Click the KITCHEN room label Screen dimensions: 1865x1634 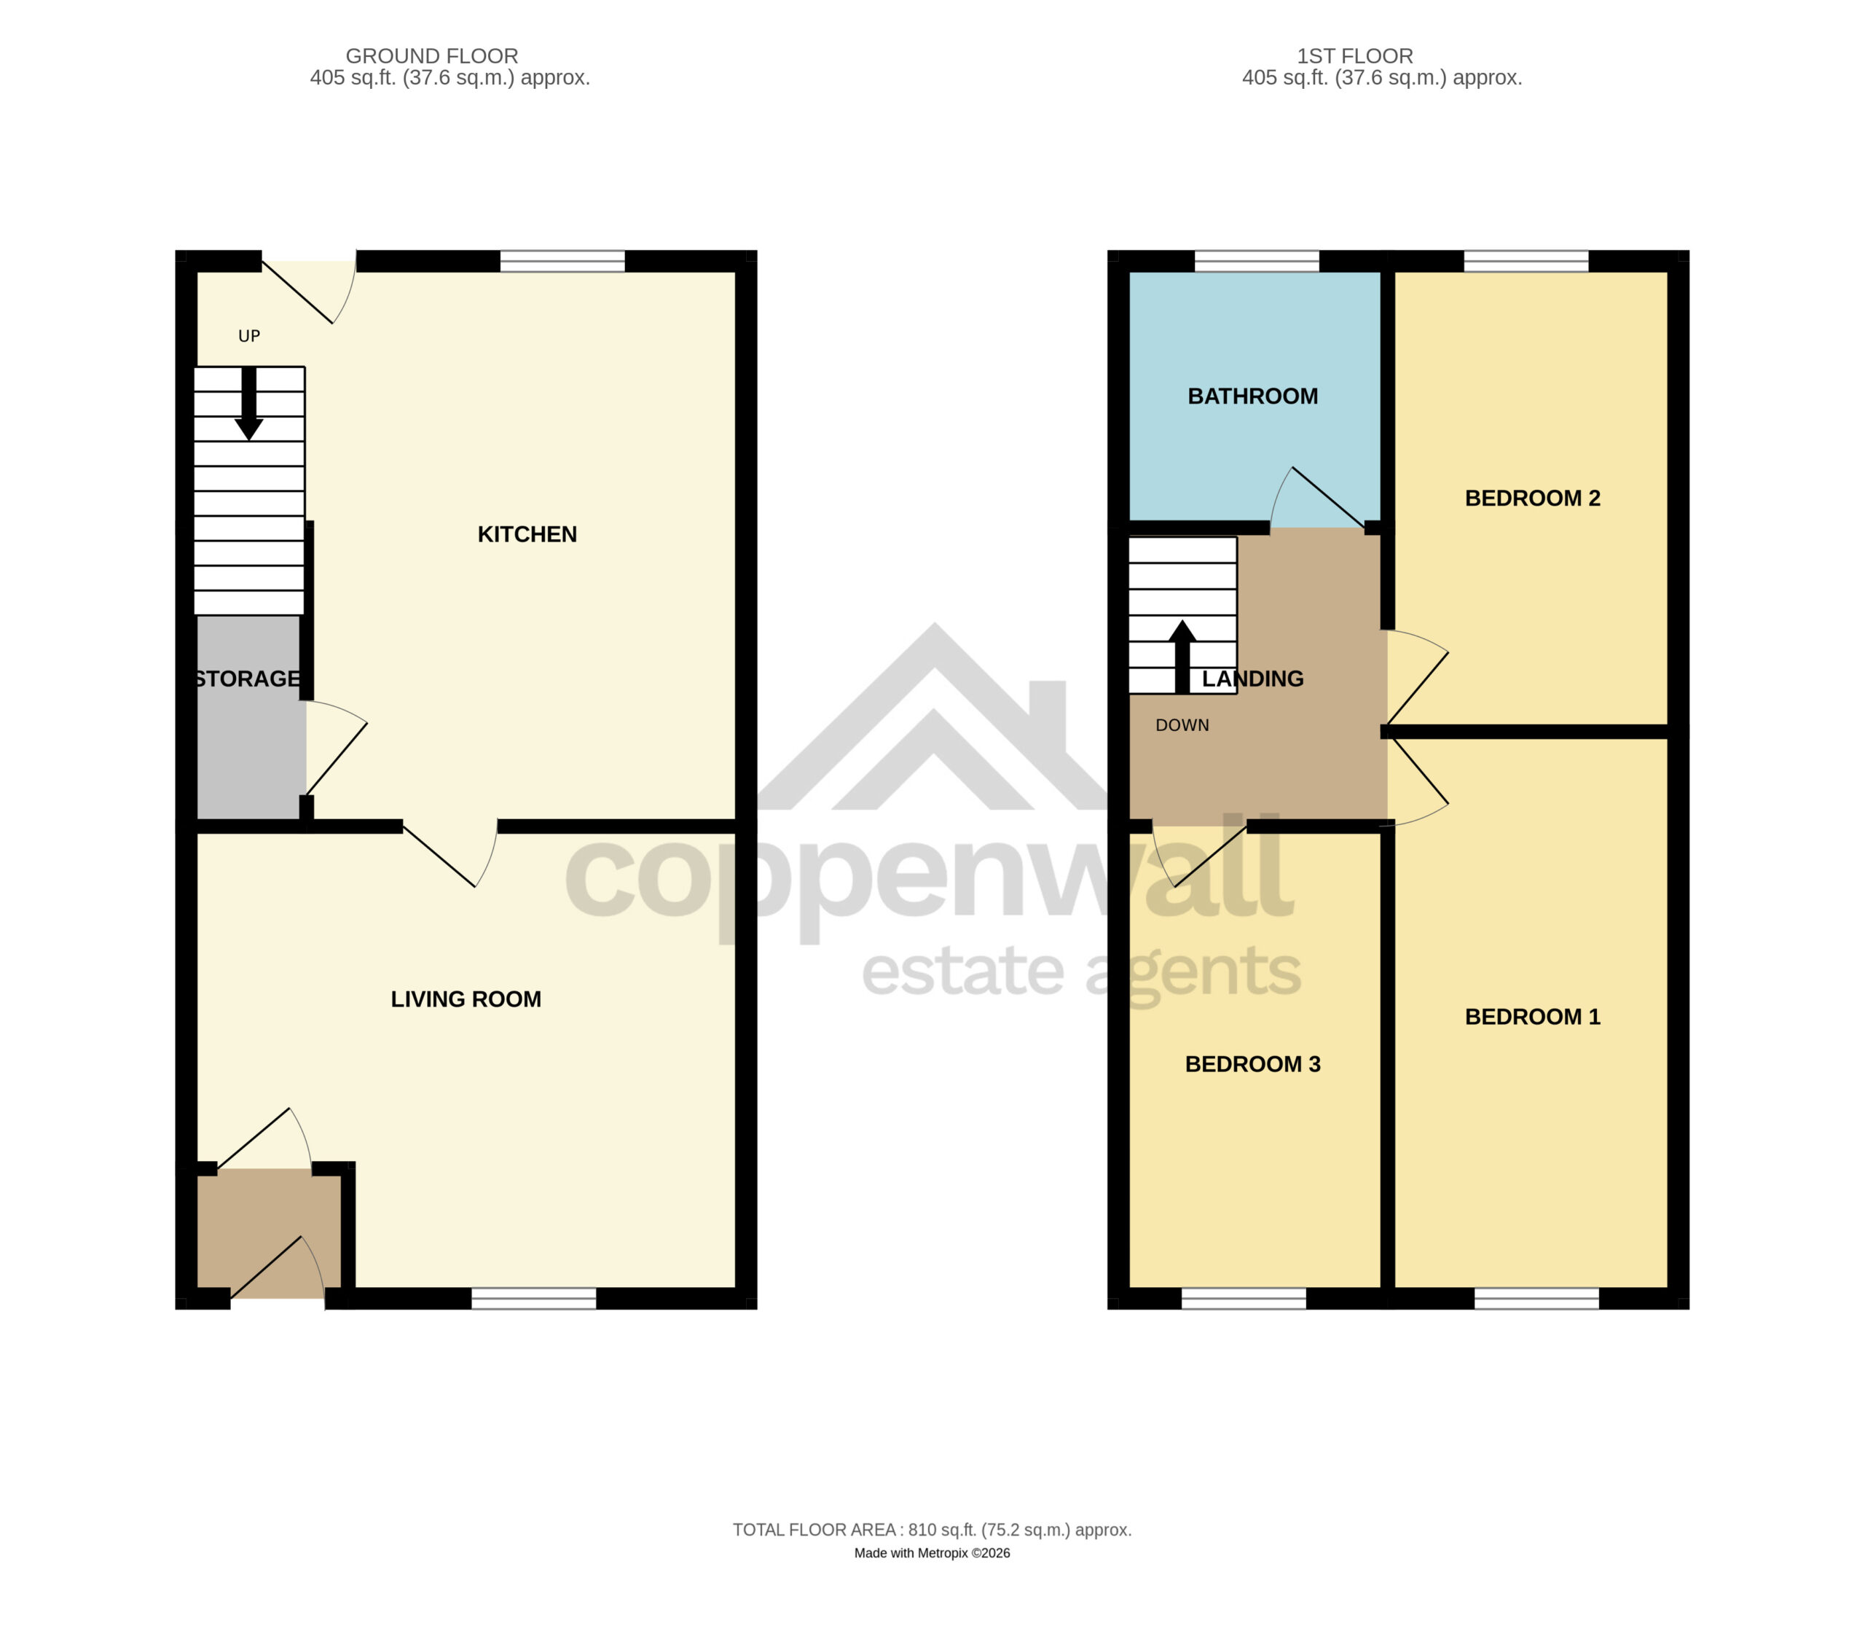coord(527,534)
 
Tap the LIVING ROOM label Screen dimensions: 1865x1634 coord(466,999)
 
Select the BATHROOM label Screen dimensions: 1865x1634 coord(1252,396)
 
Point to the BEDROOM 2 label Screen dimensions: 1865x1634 coord(1532,499)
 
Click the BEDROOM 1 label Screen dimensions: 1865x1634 coord(1532,1017)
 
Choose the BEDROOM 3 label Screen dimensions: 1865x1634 coord(1252,1064)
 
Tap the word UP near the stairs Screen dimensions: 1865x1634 coord(249,337)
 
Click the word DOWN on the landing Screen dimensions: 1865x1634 coord(1182,725)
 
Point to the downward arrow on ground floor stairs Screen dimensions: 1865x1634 coord(249,404)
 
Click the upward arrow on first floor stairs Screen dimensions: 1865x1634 coord(1182,657)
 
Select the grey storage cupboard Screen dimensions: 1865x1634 coord(250,716)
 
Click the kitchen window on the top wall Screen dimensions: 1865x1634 coord(562,261)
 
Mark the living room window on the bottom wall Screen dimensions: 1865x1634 coord(533,1299)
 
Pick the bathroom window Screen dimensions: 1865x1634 coord(1256,261)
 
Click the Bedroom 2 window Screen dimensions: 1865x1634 coord(1526,261)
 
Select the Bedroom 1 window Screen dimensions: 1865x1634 coord(1537,1299)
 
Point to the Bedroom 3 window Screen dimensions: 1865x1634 coord(1244,1299)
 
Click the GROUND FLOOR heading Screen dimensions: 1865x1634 coord(432,57)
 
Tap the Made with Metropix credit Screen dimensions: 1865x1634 coord(932,1553)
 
